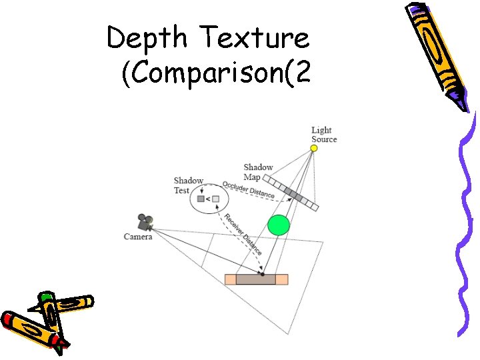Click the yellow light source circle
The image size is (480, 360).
(x=314, y=148)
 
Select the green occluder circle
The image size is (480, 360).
(x=279, y=225)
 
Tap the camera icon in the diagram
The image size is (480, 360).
(x=145, y=221)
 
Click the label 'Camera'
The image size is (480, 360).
(x=138, y=237)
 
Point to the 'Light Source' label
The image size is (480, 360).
(x=324, y=135)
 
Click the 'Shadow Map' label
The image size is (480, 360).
(x=257, y=172)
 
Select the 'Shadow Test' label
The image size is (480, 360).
(x=188, y=185)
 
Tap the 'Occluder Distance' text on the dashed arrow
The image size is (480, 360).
(x=249, y=189)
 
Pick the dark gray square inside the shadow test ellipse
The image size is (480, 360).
(x=200, y=199)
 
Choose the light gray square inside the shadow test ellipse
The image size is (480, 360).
(x=215, y=199)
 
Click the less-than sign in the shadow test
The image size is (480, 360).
(x=207, y=199)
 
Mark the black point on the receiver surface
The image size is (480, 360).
(x=262, y=274)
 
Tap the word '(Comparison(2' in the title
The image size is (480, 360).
(x=216, y=74)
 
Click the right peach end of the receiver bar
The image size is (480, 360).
(x=282, y=279)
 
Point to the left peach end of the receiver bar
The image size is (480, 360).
(x=231, y=279)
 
